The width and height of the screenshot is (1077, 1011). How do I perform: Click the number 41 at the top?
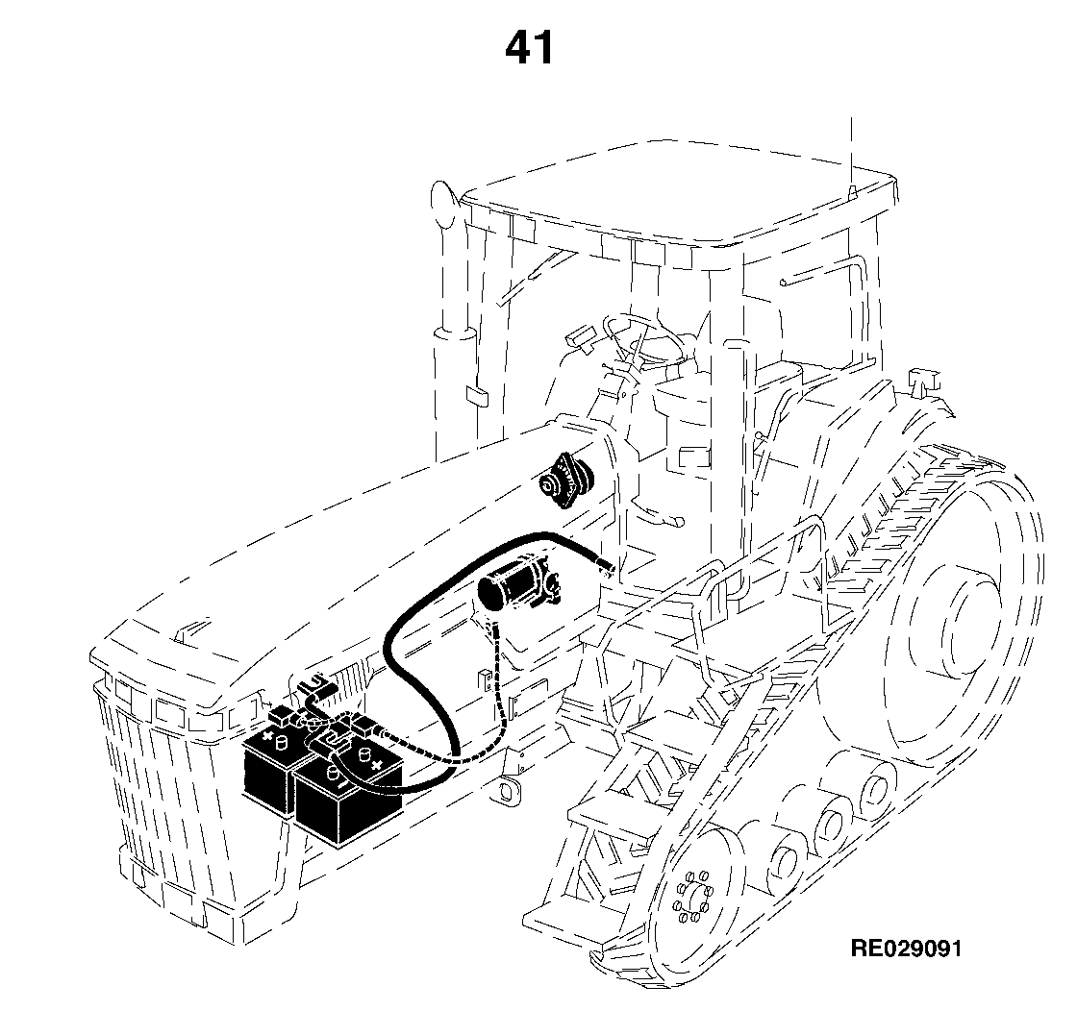(x=529, y=48)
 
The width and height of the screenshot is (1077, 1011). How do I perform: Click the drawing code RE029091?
(x=906, y=948)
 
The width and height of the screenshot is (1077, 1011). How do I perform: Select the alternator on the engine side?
(x=565, y=481)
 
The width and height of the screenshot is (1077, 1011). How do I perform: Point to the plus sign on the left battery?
(x=267, y=739)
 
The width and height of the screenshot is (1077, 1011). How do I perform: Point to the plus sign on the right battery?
(x=375, y=763)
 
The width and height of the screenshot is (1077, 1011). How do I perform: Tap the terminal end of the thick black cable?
(x=607, y=567)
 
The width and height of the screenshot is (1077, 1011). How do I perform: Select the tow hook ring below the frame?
(x=509, y=789)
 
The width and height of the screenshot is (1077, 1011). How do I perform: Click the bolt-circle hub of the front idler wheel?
(x=693, y=896)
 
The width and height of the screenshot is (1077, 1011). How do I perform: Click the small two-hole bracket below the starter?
(x=486, y=679)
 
